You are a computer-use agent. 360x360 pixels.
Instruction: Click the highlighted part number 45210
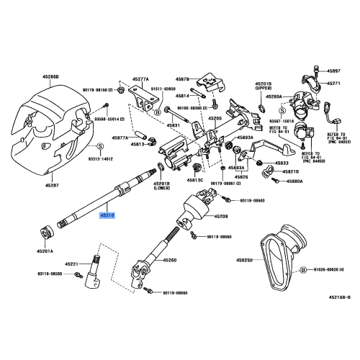(x=107, y=214)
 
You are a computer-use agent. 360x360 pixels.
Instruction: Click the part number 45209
(x=220, y=215)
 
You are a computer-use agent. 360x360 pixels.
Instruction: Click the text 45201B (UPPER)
(x=263, y=86)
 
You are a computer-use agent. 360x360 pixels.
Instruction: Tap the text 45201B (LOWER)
(x=163, y=186)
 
